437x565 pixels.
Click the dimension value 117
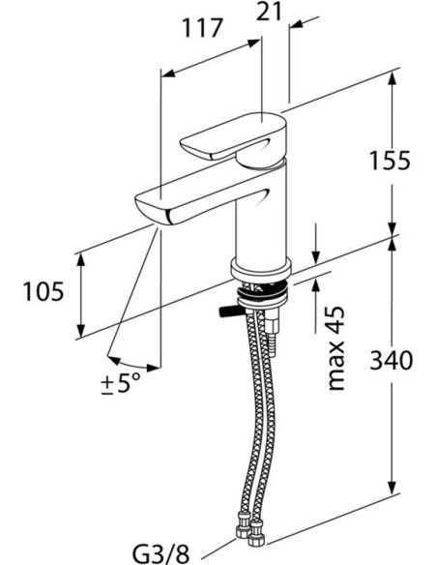(x=203, y=28)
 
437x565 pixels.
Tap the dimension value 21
(x=269, y=12)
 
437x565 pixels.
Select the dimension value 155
(x=391, y=161)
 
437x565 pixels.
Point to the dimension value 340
(x=391, y=360)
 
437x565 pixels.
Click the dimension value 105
(x=44, y=291)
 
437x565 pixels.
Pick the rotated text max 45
(x=336, y=348)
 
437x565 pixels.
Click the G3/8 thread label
(x=160, y=553)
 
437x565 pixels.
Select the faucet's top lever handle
(x=233, y=137)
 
